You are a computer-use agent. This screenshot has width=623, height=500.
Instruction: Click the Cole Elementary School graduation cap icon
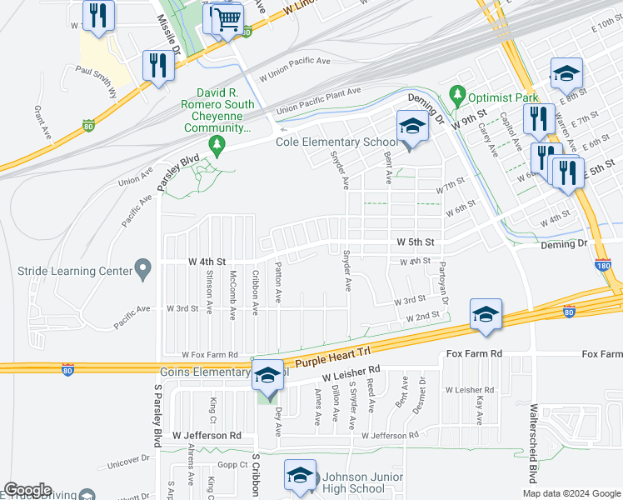tap(410, 127)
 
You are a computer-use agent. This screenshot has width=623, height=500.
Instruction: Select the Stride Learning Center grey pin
tap(143, 270)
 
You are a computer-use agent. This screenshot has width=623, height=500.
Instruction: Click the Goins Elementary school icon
tap(267, 377)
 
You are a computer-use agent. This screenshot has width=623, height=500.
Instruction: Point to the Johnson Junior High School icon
tap(299, 475)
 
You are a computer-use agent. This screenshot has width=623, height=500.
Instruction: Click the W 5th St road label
tap(416, 242)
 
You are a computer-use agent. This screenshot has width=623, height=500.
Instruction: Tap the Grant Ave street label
tap(37, 122)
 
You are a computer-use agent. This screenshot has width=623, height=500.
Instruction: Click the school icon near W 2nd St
tap(486, 314)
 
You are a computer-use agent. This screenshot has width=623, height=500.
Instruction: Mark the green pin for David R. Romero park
tap(218, 147)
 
